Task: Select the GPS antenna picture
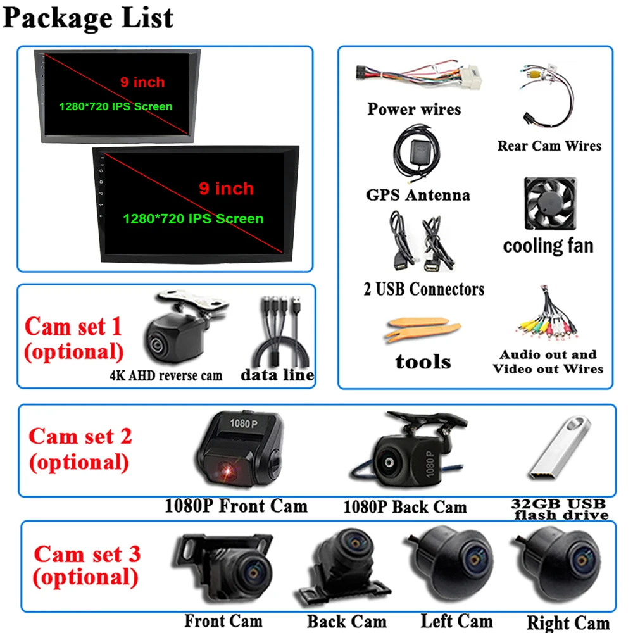tap(418, 155)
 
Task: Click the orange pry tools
tap(423, 330)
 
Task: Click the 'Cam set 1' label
tap(73, 327)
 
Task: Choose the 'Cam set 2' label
tap(80, 436)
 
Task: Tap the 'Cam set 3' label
tap(87, 555)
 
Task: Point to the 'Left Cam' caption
tap(456, 621)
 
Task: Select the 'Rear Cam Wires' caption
tap(549, 146)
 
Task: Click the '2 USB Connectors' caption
tap(423, 290)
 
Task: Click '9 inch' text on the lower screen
tap(226, 189)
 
